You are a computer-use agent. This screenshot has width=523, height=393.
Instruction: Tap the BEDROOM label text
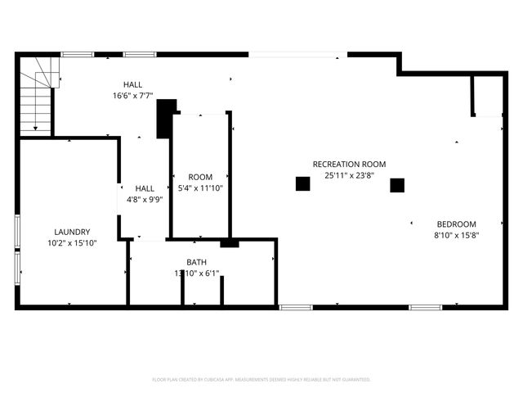click(456, 224)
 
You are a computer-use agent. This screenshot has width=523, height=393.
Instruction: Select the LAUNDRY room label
click(72, 232)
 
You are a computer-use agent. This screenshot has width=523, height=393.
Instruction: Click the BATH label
click(196, 262)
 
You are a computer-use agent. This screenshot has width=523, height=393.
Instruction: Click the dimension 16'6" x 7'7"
click(132, 95)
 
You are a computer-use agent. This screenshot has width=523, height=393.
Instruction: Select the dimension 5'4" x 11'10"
click(200, 187)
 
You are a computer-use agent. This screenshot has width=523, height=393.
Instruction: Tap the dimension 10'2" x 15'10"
click(72, 242)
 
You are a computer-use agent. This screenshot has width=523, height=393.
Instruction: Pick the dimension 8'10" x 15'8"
click(456, 235)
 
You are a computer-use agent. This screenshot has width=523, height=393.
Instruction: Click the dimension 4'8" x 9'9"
click(145, 198)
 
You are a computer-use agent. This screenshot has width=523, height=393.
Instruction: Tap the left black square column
click(302, 184)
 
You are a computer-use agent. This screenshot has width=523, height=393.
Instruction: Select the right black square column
click(397, 185)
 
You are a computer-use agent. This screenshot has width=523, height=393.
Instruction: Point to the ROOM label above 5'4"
click(200, 177)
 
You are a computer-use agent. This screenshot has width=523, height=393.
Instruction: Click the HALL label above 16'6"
click(132, 84)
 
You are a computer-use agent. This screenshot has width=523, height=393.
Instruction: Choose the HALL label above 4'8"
click(145, 187)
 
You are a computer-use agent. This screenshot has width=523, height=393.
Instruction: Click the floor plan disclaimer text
click(261, 380)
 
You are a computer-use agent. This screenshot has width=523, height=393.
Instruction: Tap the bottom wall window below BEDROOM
click(426, 307)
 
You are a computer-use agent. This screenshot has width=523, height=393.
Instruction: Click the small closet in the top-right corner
click(487, 97)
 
